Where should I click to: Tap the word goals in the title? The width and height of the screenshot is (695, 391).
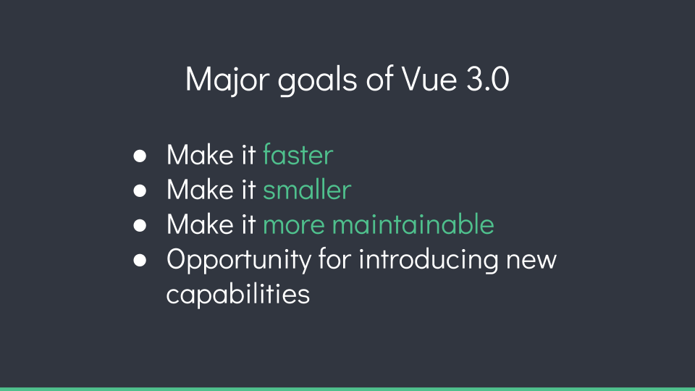[x=317, y=81]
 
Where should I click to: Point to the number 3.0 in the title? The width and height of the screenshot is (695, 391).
[x=487, y=80]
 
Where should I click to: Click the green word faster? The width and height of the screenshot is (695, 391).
[x=298, y=155]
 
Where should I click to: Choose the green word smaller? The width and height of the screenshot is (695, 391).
[x=307, y=189]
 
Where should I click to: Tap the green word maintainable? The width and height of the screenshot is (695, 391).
[x=413, y=224]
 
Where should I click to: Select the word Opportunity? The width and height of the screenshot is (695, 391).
[x=239, y=260]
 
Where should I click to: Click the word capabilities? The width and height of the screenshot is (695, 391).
[x=238, y=294]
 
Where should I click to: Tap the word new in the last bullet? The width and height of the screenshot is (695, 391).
[x=531, y=261]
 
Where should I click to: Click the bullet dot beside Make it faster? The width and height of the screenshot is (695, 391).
[x=140, y=156]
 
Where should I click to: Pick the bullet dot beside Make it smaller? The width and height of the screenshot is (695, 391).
[x=140, y=190]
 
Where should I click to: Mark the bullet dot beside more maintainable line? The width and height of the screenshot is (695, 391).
[x=140, y=225]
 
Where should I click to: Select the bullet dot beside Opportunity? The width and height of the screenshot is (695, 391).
[x=140, y=260]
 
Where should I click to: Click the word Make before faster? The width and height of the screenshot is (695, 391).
[x=200, y=155]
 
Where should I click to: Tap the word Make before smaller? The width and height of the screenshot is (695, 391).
[x=200, y=189]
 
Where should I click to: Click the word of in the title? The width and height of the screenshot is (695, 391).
[x=380, y=80]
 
